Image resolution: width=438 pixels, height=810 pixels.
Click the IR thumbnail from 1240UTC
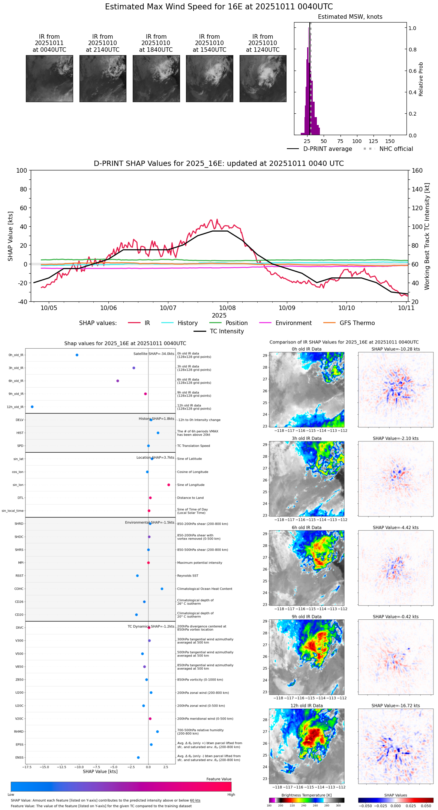coord(263,78)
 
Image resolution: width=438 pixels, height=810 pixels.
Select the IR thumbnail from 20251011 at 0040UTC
coord(49,78)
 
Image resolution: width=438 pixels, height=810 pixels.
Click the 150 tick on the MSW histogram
coord(390,141)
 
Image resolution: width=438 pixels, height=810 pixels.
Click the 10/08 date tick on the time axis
coord(228,308)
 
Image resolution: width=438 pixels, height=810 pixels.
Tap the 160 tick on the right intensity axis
coord(417,170)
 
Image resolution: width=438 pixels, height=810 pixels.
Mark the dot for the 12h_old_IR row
coord(32,407)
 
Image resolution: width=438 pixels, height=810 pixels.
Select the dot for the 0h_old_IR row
coord(77,355)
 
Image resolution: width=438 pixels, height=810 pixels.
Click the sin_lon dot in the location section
coord(169,485)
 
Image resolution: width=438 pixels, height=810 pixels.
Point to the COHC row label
coord(19,589)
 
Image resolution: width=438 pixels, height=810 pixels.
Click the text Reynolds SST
coord(187,576)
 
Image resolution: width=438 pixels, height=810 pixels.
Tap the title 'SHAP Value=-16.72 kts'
coord(396,706)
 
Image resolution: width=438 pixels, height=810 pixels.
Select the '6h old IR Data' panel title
coord(306,528)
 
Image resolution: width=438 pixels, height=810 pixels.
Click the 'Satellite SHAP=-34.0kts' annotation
coord(154,354)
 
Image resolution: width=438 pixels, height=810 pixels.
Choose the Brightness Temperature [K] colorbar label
coord(306,795)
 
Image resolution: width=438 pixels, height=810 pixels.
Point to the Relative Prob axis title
coord(421,79)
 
